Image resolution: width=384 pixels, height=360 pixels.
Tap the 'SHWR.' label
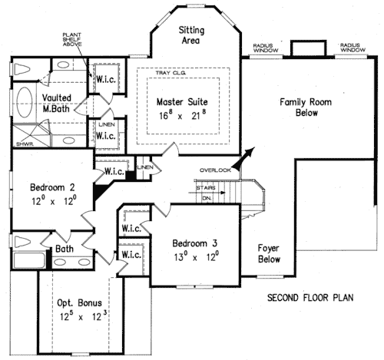click(x=23, y=143)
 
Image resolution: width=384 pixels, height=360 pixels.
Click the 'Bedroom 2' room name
click(x=52, y=187)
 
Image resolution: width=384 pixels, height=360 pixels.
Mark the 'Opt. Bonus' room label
click(x=75, y=302)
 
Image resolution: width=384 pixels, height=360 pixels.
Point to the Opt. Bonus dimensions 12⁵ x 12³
click(x=75, y=316)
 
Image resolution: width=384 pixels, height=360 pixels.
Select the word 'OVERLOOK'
click(x=215, y=169)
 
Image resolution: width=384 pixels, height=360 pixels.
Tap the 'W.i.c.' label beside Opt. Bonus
click(x=131, y=254)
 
